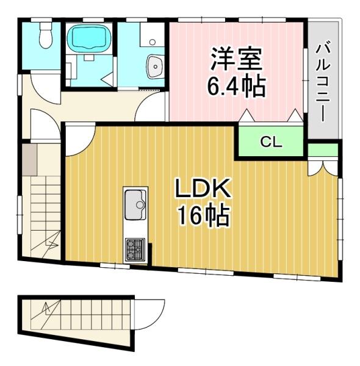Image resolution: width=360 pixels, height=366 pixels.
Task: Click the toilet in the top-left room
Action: (x=45, y=35)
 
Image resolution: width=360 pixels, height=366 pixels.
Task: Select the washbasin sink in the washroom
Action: (x=155, y=66)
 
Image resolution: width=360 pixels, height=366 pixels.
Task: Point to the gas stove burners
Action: (x=135, y=249)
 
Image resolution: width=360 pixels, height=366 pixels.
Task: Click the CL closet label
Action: (x=271, y=142)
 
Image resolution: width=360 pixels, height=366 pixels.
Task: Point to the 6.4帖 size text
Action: (x=236, y=87)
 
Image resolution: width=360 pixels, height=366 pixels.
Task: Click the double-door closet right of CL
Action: (x=323, y=166)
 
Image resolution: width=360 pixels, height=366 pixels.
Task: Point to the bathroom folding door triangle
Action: (x=107, y=77)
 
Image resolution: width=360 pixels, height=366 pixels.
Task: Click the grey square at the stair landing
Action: (x=30, y=160)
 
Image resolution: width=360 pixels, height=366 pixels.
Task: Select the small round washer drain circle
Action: (x=153, y=42)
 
